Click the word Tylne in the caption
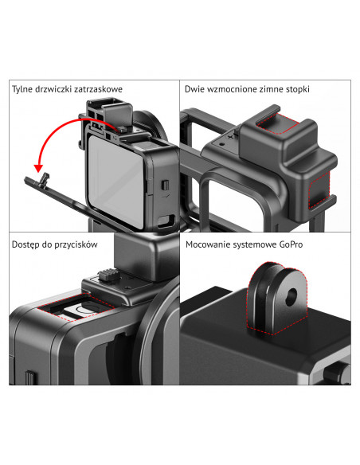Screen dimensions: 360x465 click(x=22, y=89)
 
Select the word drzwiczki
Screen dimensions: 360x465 click(x=53, y=89)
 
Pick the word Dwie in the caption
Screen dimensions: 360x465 click(x=195, y=89)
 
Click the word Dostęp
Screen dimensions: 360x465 click(x=25, y=244)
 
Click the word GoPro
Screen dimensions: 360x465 click(x=291, y=244)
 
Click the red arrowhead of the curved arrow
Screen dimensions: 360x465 click(x=38, y=168)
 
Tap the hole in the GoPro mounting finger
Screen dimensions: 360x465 click(x=292, y=297)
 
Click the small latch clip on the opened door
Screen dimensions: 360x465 click(x=45, y=180)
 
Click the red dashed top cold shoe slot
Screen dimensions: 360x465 click(x=278, y=123)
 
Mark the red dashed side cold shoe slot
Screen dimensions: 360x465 click(x=319, y=190)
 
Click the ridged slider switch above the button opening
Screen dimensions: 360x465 click(x=108, y=275)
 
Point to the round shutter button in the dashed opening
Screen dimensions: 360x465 click(x=85, y=309)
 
